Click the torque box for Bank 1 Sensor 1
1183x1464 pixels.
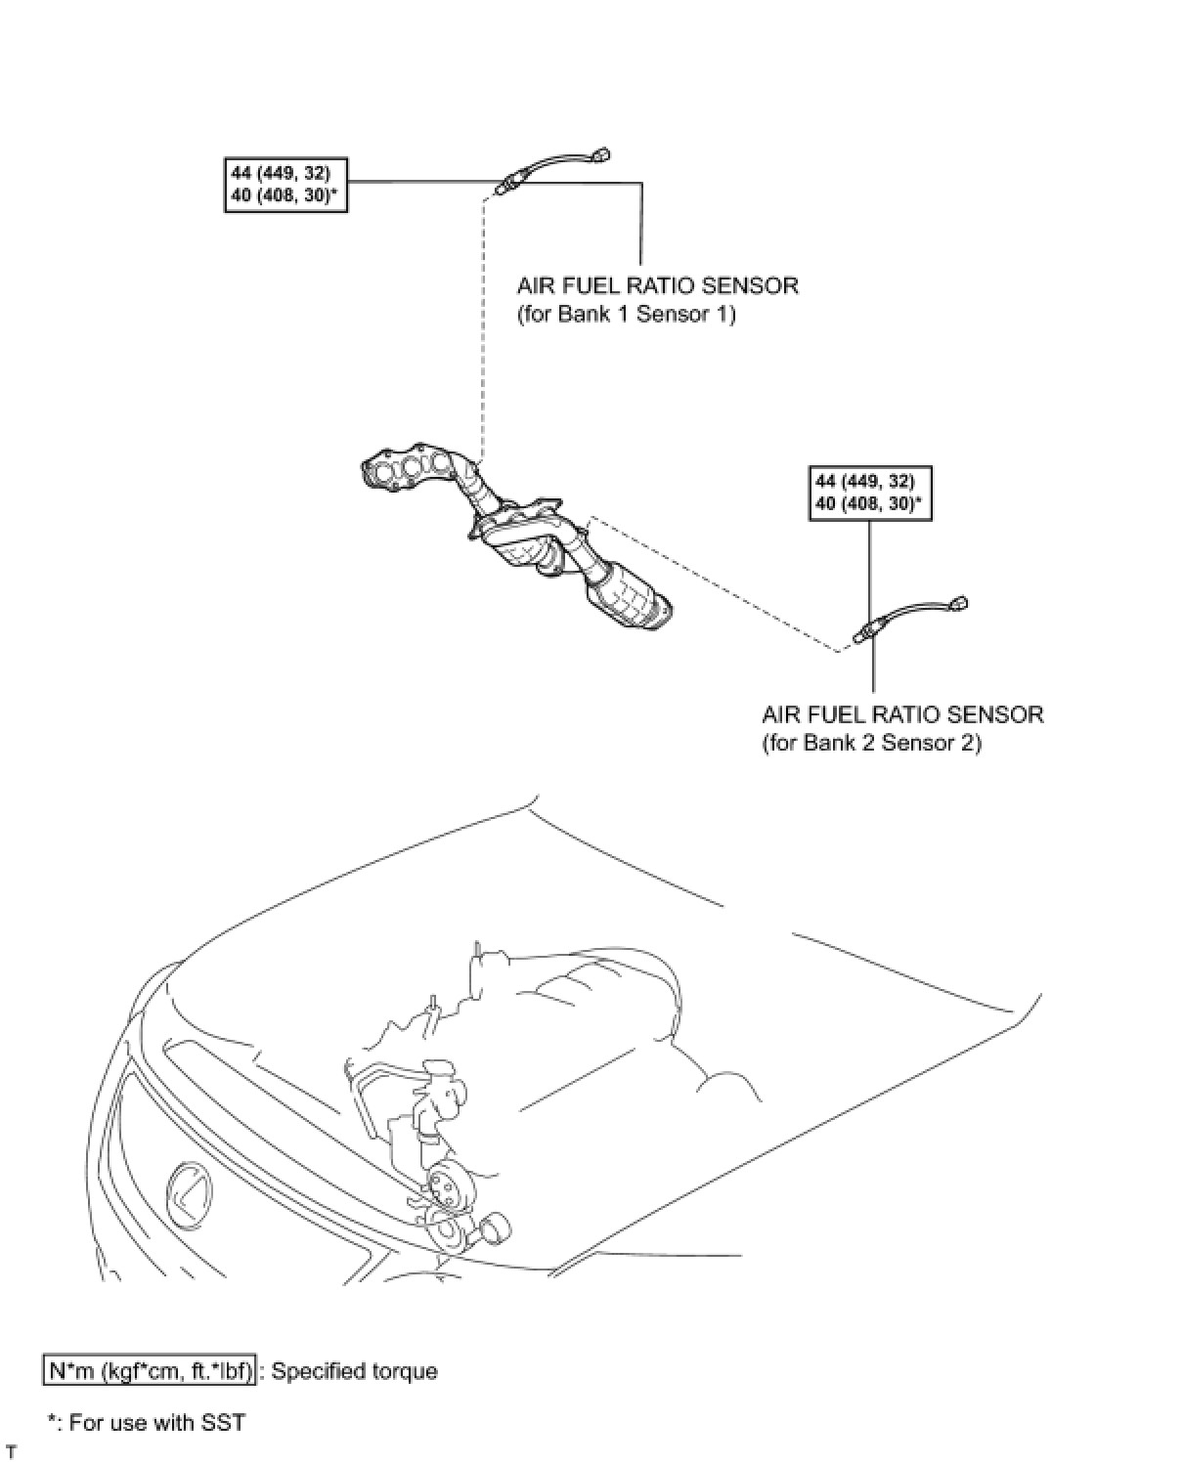point(285,185)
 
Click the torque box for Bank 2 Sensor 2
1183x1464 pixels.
point(870,494)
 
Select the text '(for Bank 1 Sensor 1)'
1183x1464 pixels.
point(626,315)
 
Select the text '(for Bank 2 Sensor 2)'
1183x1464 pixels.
point(871,743)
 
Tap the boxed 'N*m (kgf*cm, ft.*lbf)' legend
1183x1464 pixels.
point(150,1371)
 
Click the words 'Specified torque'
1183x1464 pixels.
point(354,1371)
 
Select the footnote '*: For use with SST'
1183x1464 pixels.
point(146,1422)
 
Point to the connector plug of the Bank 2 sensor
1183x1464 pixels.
point(961,602)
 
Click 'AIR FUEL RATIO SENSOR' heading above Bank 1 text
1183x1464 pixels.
point(657,286)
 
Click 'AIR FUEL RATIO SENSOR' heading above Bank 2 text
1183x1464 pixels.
point(902,714)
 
